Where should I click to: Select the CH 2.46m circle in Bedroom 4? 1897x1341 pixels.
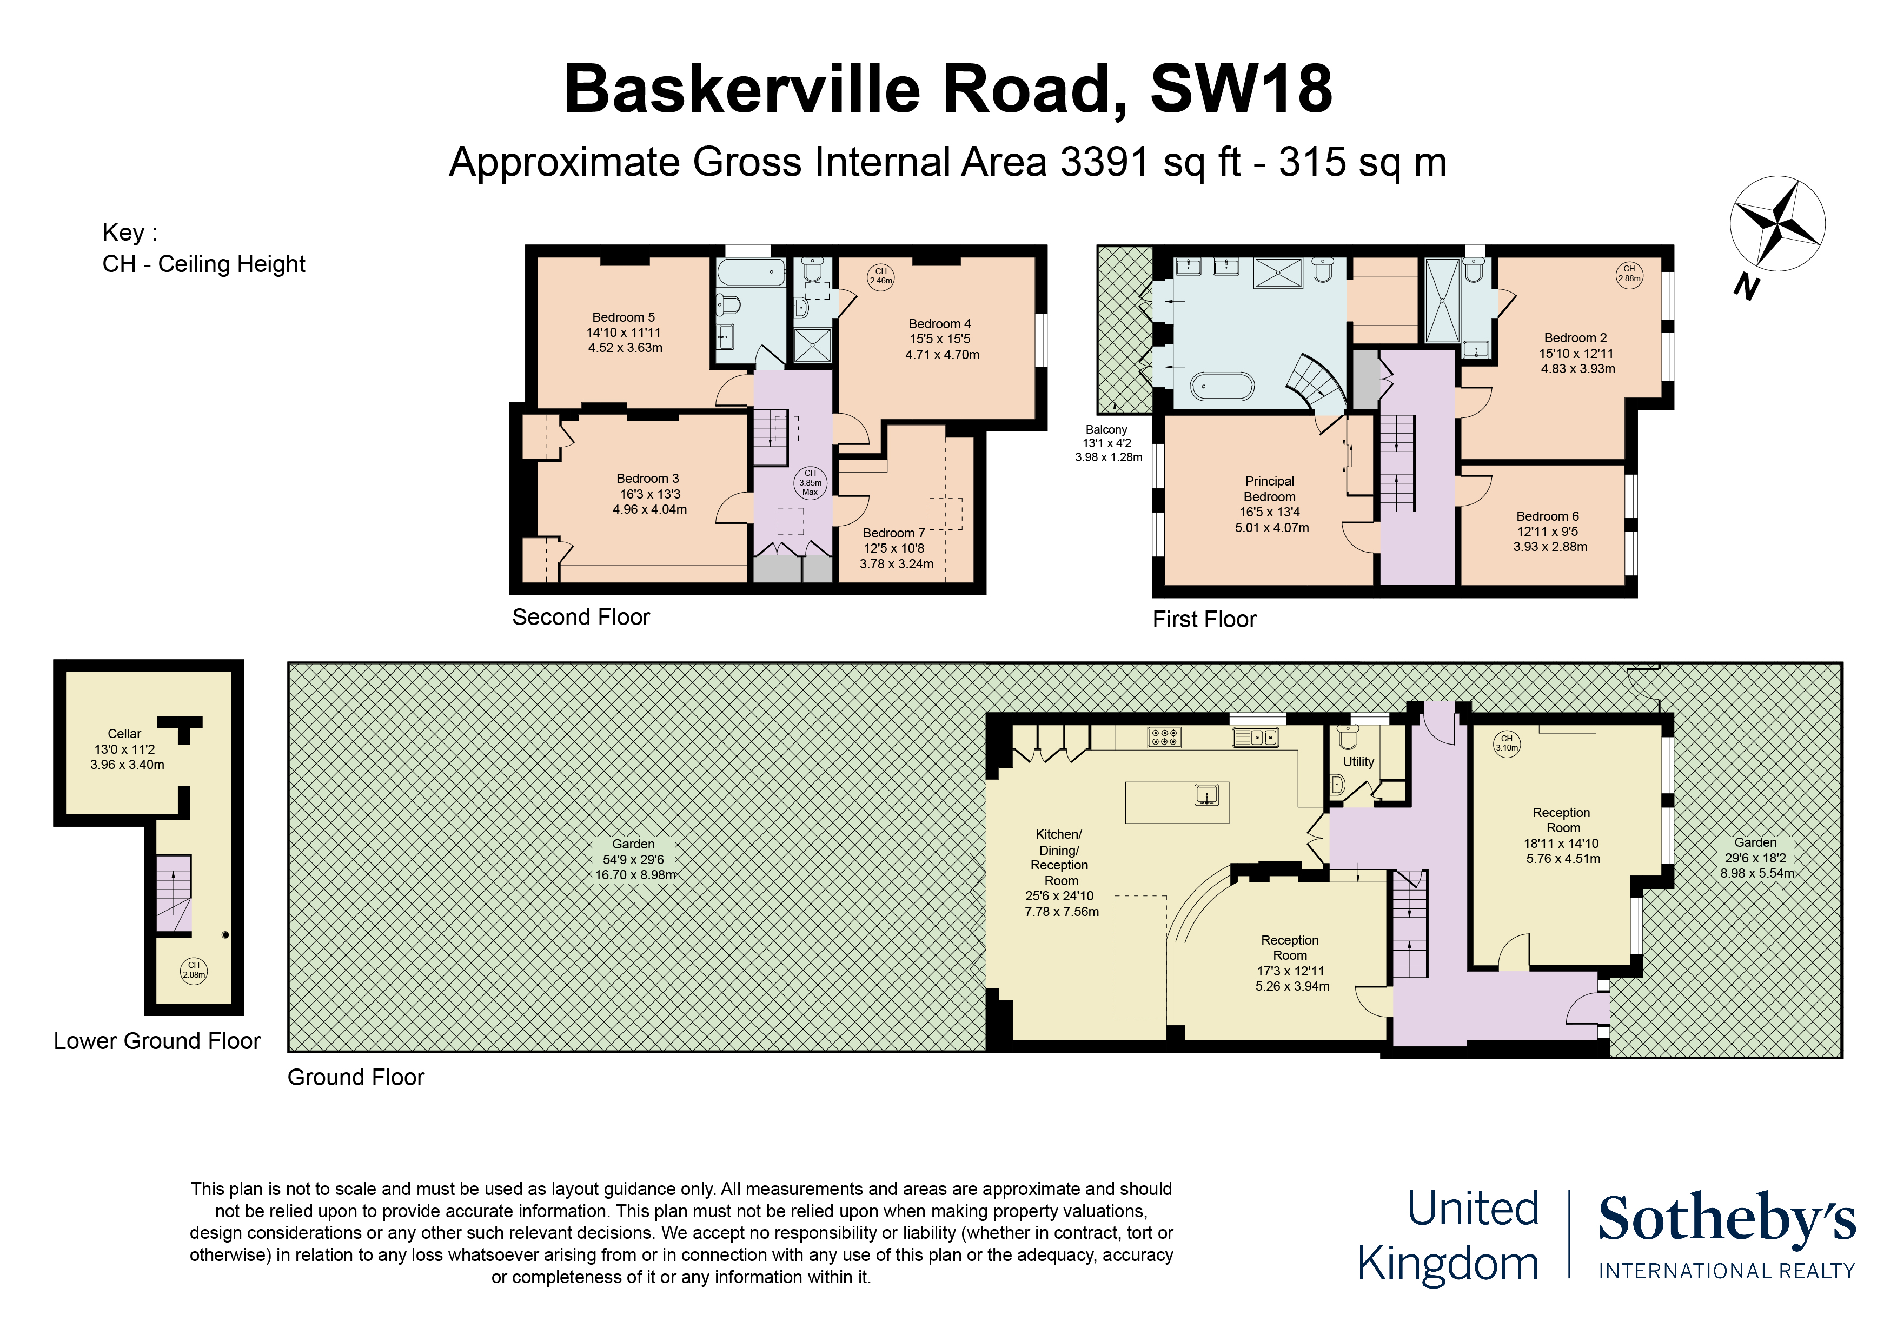tap(881, 276)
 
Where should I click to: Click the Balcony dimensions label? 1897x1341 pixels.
tap(1108, 443)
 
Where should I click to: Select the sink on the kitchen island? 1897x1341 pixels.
tap(1207, 795)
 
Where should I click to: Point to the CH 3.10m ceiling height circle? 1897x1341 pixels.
tap(1506, 743)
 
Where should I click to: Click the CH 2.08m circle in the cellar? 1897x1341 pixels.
tap(194, 969)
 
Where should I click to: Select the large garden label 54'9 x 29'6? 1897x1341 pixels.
tap(634, 859)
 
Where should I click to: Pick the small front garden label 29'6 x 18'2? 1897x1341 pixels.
tap(1756, 858)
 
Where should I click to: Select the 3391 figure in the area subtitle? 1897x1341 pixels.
tap(1105, 162)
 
